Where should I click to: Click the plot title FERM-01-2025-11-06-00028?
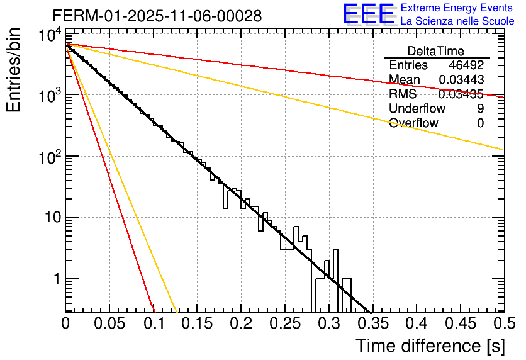click(157, 15)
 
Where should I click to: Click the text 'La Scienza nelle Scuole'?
click(457, 21)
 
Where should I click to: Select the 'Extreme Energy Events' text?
click(457, 8)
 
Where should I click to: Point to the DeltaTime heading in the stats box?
click(436, 51)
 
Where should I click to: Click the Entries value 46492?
click(466, 65)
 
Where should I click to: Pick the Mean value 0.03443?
click(461, 80)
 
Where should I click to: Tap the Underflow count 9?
click(480, 109)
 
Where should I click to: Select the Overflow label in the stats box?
click(413, 123)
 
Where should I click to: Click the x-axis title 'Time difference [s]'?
click(430, 346)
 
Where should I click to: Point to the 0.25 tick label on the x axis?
click(285, 324)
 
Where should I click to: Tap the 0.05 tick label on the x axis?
click(109, 324)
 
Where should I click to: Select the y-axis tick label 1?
click(53, 279)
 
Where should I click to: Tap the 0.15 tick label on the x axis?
click(197, 324)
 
